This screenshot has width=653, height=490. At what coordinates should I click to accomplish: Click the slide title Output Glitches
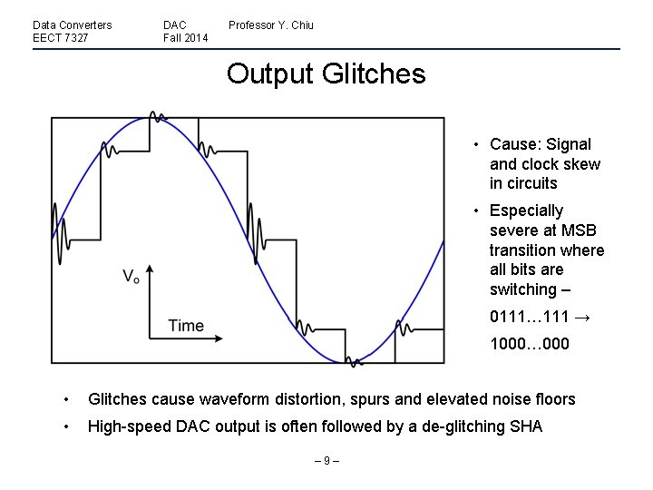click(x=326, y=73)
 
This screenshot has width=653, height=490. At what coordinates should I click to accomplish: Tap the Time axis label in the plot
click(x=186, y=326)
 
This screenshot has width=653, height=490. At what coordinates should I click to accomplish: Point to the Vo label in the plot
click(x=132, y=276)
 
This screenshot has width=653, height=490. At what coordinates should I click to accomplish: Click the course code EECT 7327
click(x=60, y=38)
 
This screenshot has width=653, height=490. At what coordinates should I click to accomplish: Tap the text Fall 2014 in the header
click(x=185, y=38)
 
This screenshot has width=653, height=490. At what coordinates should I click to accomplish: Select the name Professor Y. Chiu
click(x=270, y=25)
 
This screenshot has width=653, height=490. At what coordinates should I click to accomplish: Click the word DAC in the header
click(x=175, y=25)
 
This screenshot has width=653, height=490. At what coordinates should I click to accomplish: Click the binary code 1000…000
click(x=530, y=344)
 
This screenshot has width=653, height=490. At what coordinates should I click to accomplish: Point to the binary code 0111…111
click(x=530, y=317)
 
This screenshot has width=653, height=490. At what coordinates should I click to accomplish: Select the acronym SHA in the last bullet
click(x=523, y=426)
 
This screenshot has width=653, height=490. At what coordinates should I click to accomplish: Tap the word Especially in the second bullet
click(x=526, y=211)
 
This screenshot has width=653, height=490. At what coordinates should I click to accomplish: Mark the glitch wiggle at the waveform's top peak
click(x=158, y=117)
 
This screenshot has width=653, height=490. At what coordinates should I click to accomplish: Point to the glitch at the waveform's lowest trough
click(x=354, y=361)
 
